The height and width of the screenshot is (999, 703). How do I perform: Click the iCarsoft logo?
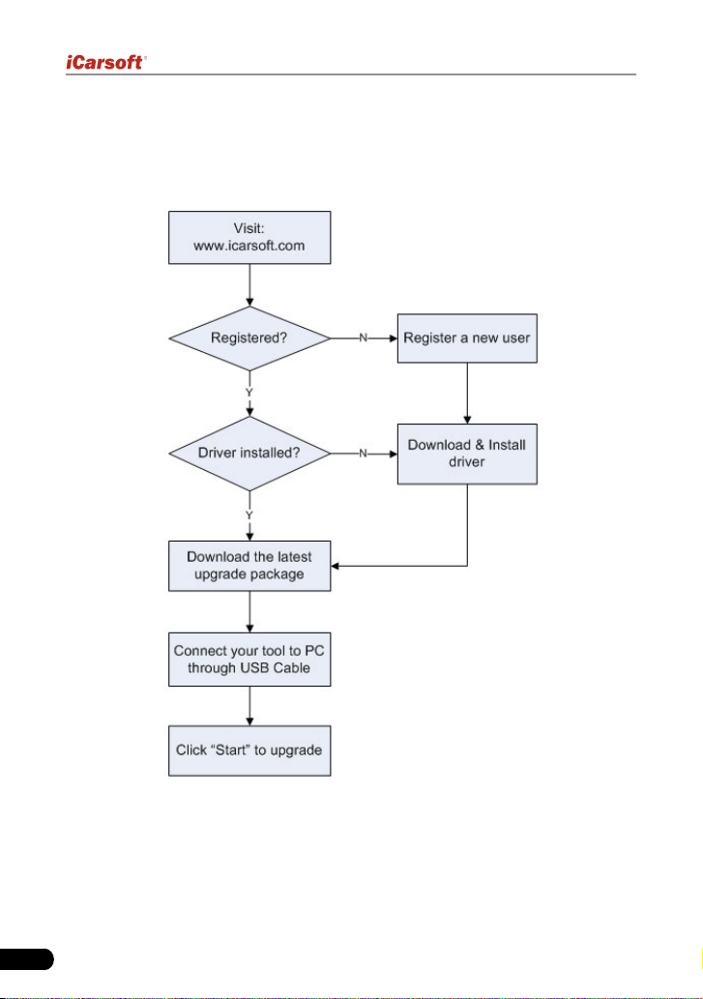point(105,63)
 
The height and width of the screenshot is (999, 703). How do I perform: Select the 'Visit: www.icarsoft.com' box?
point(249,238)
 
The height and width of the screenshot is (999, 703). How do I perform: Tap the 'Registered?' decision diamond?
point(249,338)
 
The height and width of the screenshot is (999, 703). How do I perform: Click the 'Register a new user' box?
point(467,338)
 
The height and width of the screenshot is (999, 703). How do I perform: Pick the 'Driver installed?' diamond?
point(249,454)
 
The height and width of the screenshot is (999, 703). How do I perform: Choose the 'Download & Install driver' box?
point(467,454)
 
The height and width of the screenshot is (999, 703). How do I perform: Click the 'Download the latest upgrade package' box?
point(249,566)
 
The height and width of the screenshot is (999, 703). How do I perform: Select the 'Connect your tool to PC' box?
point(249,660)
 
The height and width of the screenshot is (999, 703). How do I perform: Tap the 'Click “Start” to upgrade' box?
point(249,750)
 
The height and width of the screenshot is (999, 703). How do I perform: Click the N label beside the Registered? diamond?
point(363,338)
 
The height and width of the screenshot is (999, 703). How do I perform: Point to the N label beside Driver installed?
point(363,454)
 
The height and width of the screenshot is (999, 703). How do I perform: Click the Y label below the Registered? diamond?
point(249,393)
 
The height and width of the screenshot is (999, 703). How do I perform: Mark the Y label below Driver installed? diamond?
point(249,514)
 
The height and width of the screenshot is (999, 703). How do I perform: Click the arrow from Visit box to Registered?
point(249,284)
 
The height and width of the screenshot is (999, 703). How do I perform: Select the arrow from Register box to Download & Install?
point(467,394)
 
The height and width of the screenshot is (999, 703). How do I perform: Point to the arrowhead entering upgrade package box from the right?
point(335,566)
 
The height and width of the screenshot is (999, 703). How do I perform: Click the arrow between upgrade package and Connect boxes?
point(249,611)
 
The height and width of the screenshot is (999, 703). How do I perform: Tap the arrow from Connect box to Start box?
point(249,706)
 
